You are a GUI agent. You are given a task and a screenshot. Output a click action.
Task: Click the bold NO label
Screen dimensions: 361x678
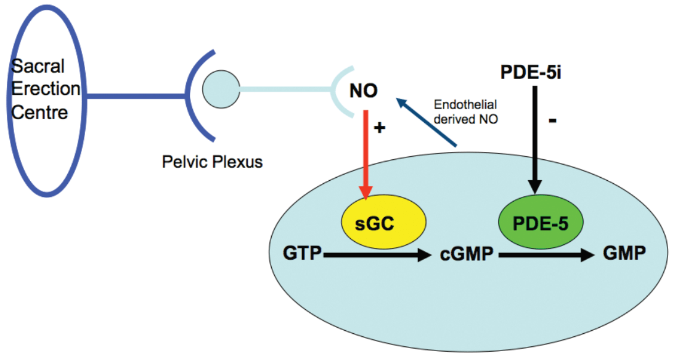363,91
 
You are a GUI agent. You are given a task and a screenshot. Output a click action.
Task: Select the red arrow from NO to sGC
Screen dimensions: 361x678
367,155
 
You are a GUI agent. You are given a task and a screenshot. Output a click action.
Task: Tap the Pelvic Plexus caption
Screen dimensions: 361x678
213,162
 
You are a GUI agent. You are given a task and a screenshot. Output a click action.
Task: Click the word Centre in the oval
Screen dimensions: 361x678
40,113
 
